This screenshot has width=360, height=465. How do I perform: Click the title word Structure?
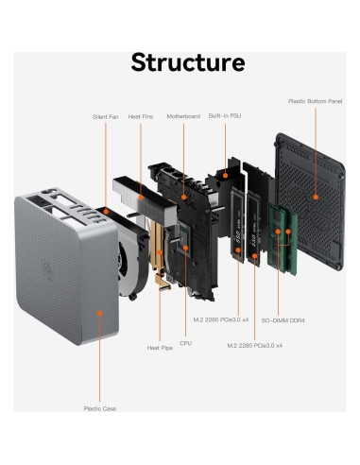pyautogui.click(x=188, y=62)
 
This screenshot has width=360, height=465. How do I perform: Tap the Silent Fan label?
pyautogui.click(x=106, y=117)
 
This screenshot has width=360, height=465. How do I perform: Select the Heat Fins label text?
pyautogui.click(x=141, y=116)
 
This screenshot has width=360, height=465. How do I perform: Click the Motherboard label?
pyautogui.click(x=183, y=116)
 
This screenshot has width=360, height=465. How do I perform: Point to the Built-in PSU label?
pyautogui.click(x=225, y=116)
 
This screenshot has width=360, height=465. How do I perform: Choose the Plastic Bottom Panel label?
pyautogui.click(x=315, y=101)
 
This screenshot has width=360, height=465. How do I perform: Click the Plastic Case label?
pyautogui.click(x=100, y=408)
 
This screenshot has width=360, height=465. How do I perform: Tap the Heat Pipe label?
pyautogui.click(x=160, y=348)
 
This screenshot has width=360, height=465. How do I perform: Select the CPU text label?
pyautogui.click(x=185, y=343)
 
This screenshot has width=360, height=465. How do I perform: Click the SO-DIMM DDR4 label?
pyautogui.click(x=283, y=320)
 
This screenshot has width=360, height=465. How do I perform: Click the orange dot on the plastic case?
pyautogui.click(x=100, y=313)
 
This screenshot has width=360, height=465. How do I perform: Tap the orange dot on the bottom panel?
pyautogui.click(x=316, y=198)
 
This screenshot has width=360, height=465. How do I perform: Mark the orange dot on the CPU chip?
pyautogui.click(x=185, y=248)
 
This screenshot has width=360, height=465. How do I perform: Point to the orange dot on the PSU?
pyautogui.click(x=225, y=175)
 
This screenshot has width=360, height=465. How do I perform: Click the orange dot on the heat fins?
pyautogui.click(x=141, y=198)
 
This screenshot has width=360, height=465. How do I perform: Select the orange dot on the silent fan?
pyautogui.click(x=106, y=212)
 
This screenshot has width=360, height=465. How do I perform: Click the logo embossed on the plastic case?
pyautogui.click(x=48, y=271)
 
